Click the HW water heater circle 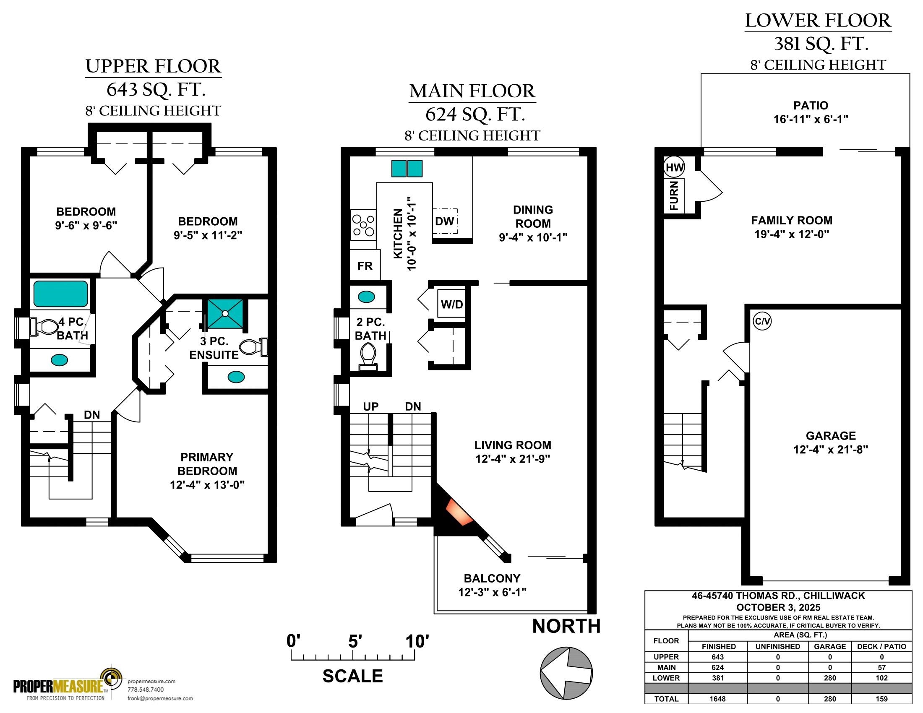[674, 167]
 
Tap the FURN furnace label [674, 195]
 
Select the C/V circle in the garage [762, 321]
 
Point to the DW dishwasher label [445, 221]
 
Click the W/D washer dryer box [452, 304]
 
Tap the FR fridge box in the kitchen [365, 265]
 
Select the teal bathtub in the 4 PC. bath [61, 294]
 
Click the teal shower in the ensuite [225, 313]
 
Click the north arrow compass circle [566, 672]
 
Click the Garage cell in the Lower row [829, 678]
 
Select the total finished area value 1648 [717, 699]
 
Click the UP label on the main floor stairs [370, 406]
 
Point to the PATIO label [811, 105]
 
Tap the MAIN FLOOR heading [472, 91]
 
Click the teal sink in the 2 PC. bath [366, 297]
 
